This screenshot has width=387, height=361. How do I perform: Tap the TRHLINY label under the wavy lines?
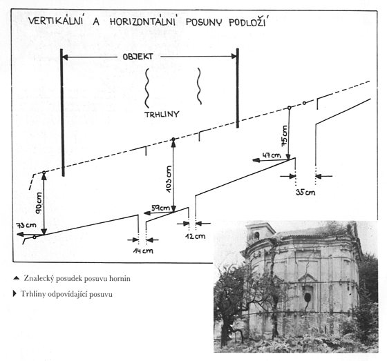pos(162,115)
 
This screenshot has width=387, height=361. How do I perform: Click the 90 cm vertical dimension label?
pos(39,203)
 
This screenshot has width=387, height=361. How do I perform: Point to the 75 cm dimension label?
pos(284,135)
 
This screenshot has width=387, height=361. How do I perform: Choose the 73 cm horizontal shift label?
pos(26,225)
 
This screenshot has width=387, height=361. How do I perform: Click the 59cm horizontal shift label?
pos(161,208)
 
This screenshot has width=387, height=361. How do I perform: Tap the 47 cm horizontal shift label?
pos(272,155)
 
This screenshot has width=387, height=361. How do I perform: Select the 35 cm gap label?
pos(305,192)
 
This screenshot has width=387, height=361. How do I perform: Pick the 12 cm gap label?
pos(195,236)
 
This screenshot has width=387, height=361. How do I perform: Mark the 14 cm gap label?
pos(143,251)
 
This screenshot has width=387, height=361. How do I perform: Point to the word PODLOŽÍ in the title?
pos(247,21)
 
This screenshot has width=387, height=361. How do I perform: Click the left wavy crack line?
pos(147,88)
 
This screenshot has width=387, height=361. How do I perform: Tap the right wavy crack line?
pos(199,86)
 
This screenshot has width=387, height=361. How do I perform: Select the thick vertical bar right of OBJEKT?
pos(238,88)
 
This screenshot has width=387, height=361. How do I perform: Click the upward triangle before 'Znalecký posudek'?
pos(17,278)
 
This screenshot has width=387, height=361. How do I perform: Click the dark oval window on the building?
pos(308,298)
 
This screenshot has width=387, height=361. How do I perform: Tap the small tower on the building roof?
pos(260,232)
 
